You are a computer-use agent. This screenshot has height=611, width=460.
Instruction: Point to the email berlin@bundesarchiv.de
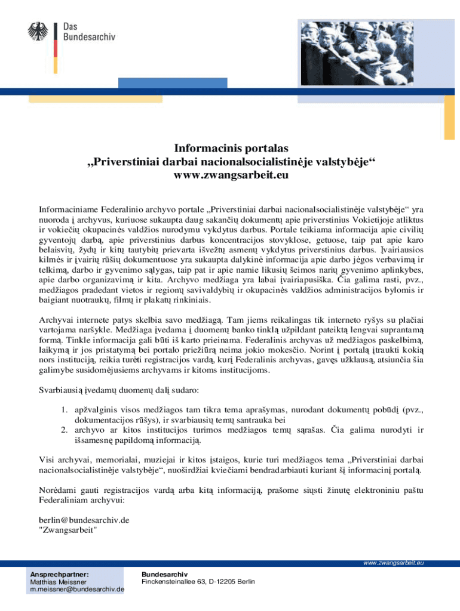coord(84,520)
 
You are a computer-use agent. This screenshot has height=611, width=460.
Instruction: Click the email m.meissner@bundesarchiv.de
coord(77,590)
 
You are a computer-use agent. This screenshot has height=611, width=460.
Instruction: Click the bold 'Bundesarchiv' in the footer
coord(160,573)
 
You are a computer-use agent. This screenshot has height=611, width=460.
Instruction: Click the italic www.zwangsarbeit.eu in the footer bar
coord(392,563)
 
